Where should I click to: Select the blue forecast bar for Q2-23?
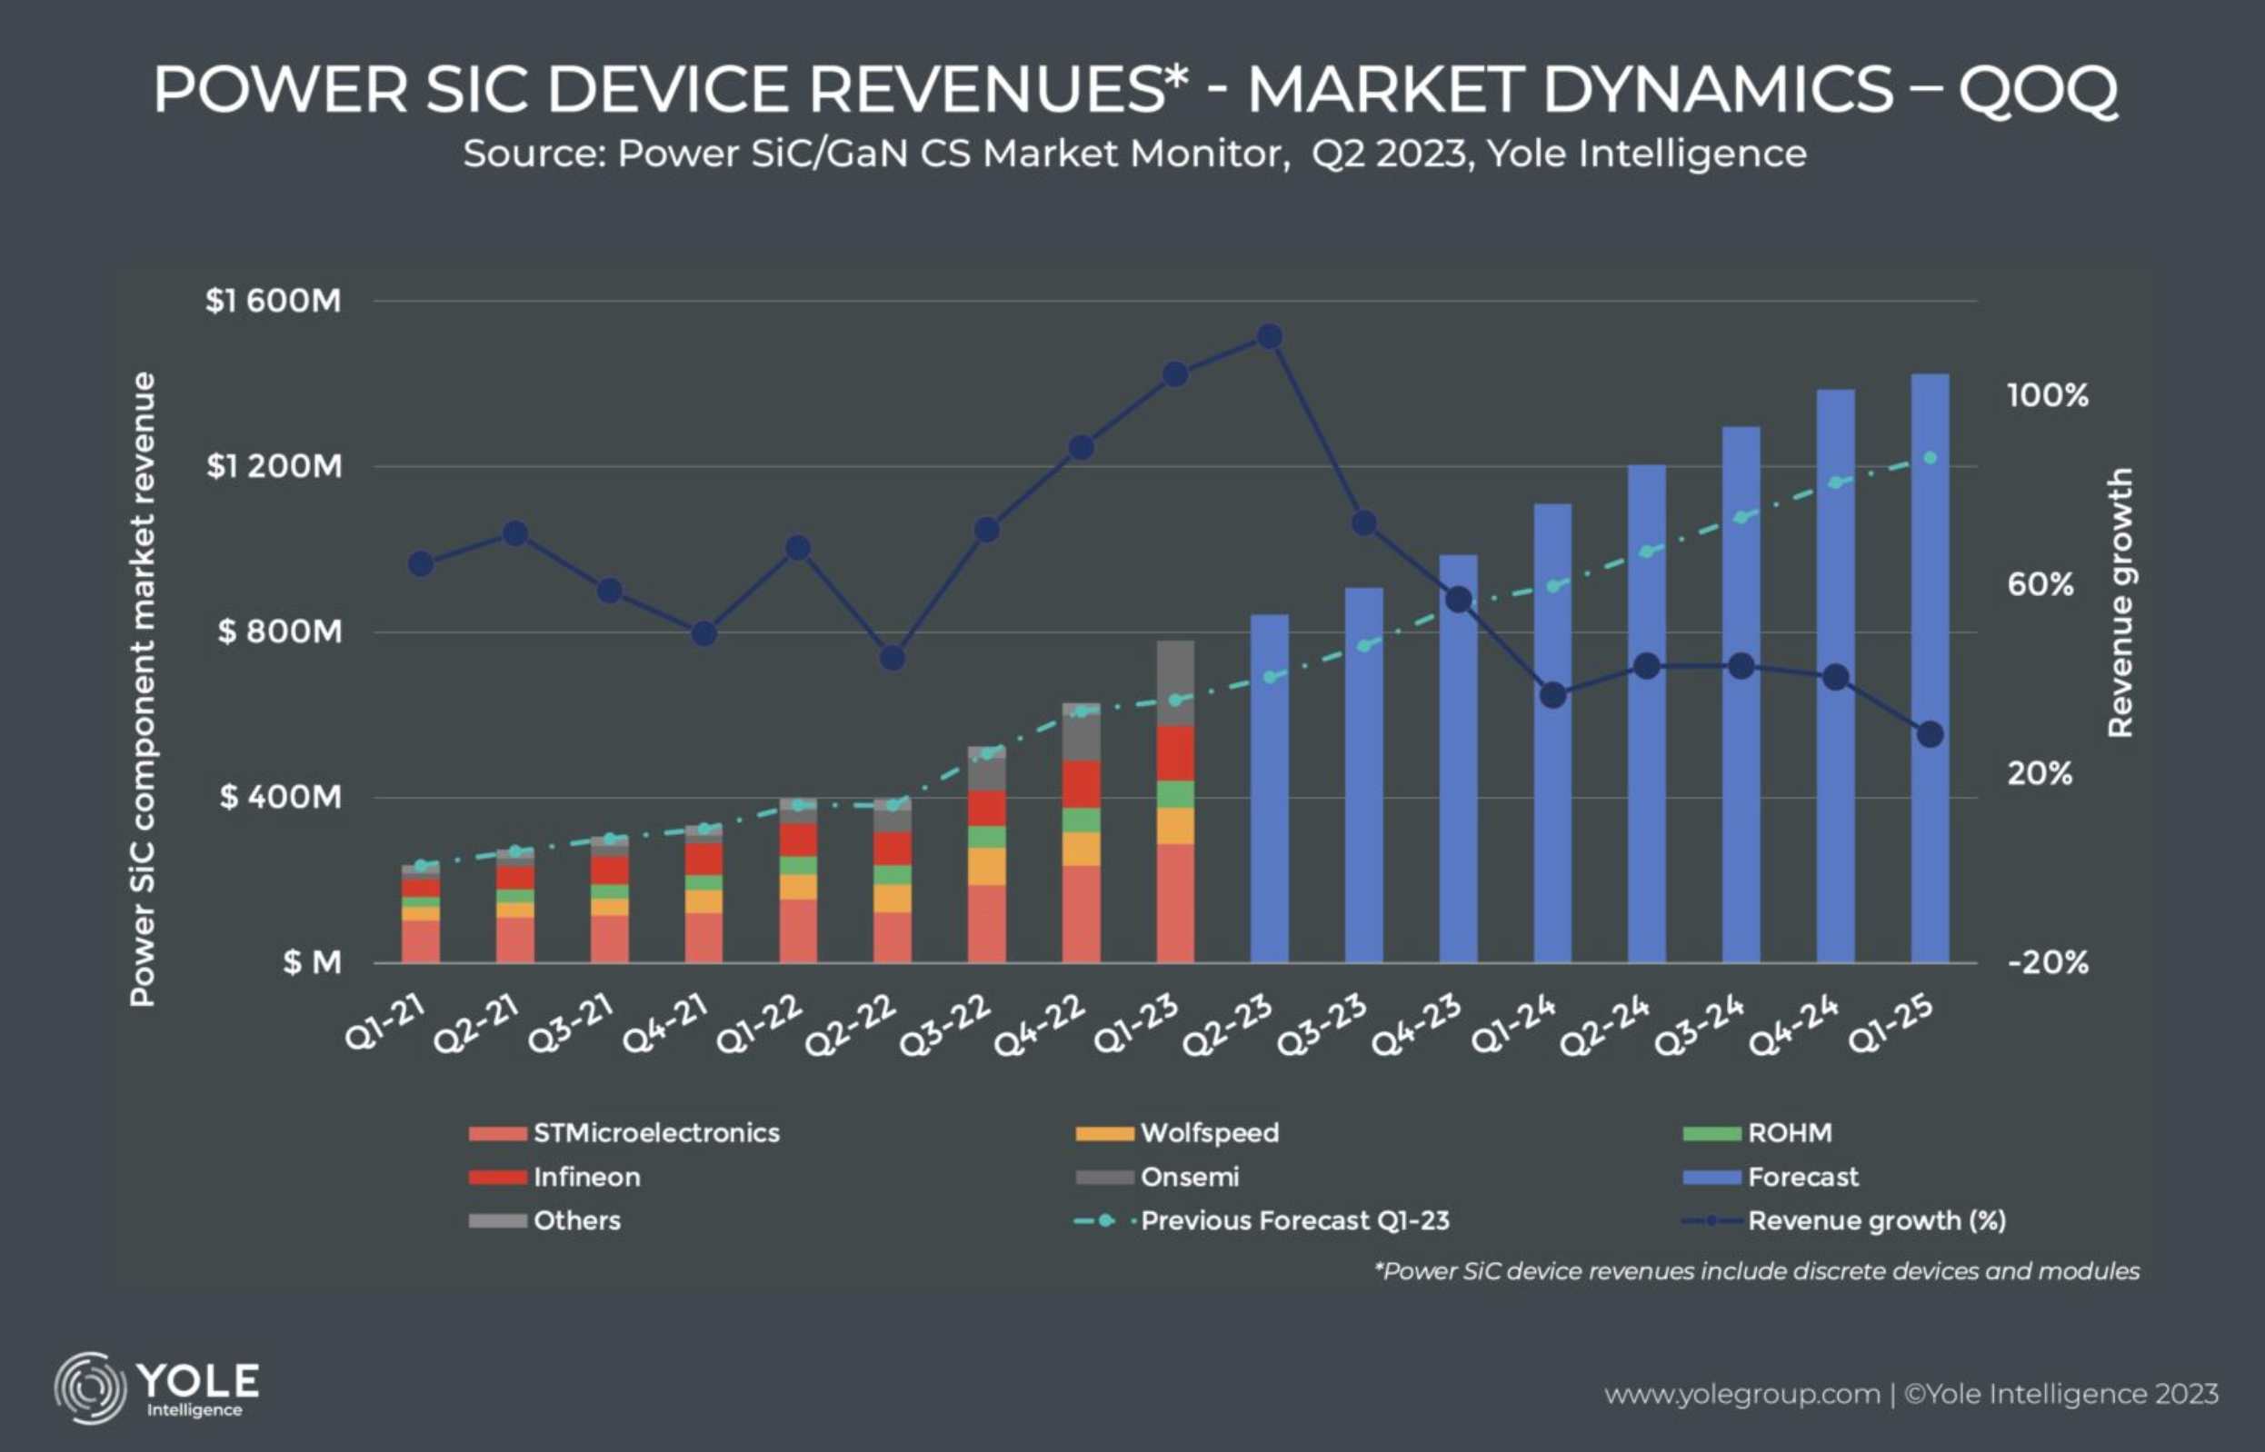click(x=1269, y=788)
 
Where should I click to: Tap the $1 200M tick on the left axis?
click(x=274, y=466)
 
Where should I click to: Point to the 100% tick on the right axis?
click(x=2047, y=395)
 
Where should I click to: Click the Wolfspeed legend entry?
click(x=1209, y=1132)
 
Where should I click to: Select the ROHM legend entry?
click(x=1789, y=1132)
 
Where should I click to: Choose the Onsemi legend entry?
click(x=1189, y=1177)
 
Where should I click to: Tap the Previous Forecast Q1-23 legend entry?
click(x=1293, y=1221)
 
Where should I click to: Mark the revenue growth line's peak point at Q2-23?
click(x=1270, y=336)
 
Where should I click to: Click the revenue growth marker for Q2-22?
click(x=892, y=658)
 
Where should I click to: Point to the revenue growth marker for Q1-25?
click(x=1931, y=733)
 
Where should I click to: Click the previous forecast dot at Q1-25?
click(x=1931, y=458)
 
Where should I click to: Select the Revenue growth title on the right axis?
click(x=2120, y=602)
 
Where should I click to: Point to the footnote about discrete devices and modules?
click(x=1756, y=1272)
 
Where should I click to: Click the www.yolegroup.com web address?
click(x=1741, y=1395)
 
